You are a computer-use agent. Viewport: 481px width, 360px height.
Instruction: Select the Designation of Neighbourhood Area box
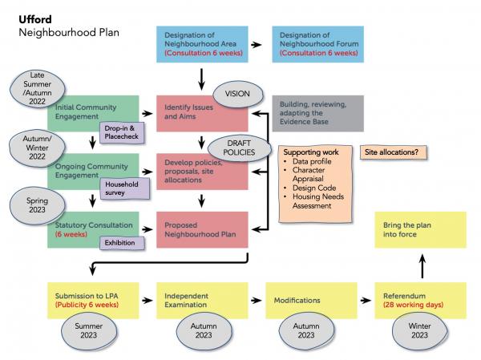coord(200,45)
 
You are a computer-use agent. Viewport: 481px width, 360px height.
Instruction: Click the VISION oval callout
coord(237,94)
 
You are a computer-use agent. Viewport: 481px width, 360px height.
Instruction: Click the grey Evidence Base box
coord(316,113)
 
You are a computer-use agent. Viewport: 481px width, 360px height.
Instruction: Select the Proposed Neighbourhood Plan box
coord(200,230)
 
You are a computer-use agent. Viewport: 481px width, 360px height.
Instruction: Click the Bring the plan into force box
coord(419,230)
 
